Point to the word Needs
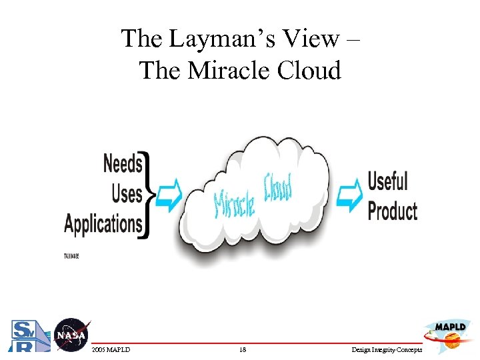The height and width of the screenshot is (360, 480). tap(123, 163)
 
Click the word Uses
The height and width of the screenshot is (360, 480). tap(127, 193)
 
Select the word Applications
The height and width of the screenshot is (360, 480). tap(103, 223)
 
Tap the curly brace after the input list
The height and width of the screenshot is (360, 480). tap(150, 195)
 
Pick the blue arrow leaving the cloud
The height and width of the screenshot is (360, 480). tap(347, 194)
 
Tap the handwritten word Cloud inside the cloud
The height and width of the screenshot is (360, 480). tap(279, 188)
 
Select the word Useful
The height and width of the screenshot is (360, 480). tap(387, 181)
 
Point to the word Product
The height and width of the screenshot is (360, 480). tap(392, 211)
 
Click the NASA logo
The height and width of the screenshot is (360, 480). tap(71, 335)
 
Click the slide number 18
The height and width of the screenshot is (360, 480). tap(242, 349)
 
